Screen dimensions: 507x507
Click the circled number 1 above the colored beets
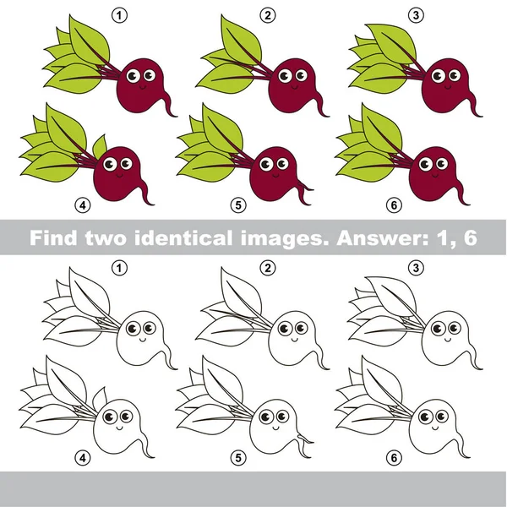point(124,14)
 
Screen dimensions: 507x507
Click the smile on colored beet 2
point(295,85)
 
